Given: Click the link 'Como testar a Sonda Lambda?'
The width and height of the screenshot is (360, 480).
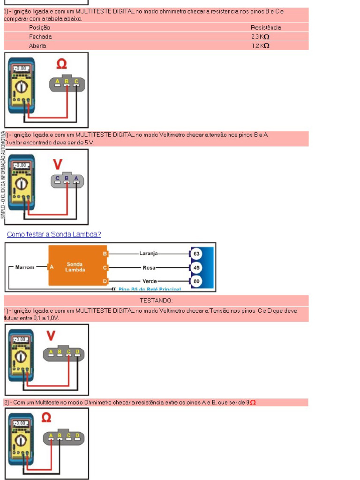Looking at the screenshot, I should [54, 234].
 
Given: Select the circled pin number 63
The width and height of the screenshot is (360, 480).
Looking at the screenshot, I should [196, 254].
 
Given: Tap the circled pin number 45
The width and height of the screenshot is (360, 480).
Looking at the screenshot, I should [196, 268].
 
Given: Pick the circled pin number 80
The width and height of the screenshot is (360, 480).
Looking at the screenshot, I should [196, 282].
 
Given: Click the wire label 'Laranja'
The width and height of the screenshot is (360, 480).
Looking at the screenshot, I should [149, 254].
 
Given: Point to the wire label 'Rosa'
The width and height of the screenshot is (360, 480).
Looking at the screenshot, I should [149, 268].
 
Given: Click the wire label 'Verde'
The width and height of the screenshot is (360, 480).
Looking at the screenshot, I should [150, 282].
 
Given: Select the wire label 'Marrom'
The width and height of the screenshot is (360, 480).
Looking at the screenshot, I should [25, 267].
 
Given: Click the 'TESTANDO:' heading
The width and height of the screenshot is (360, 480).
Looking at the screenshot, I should [156, 300].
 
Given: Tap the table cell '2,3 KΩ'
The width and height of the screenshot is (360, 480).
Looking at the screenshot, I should [260, 37].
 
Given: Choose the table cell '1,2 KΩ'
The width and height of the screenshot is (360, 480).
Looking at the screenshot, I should [260, 46].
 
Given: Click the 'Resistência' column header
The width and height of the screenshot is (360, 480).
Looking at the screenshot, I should [266, 28].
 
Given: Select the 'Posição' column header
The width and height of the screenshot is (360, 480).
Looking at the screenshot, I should [39, 28].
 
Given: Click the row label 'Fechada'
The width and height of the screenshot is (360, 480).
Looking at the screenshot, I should [40, 37].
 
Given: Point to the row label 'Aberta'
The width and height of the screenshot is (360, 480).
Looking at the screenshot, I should [37, 46].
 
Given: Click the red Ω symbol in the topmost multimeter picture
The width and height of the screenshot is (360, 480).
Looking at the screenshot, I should [61, 64].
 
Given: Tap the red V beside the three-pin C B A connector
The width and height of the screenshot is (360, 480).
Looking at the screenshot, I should [58, 164].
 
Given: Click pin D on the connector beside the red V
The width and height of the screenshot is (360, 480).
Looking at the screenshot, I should [78, 352].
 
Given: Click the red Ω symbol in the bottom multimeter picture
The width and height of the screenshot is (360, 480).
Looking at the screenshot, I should [46, 417].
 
